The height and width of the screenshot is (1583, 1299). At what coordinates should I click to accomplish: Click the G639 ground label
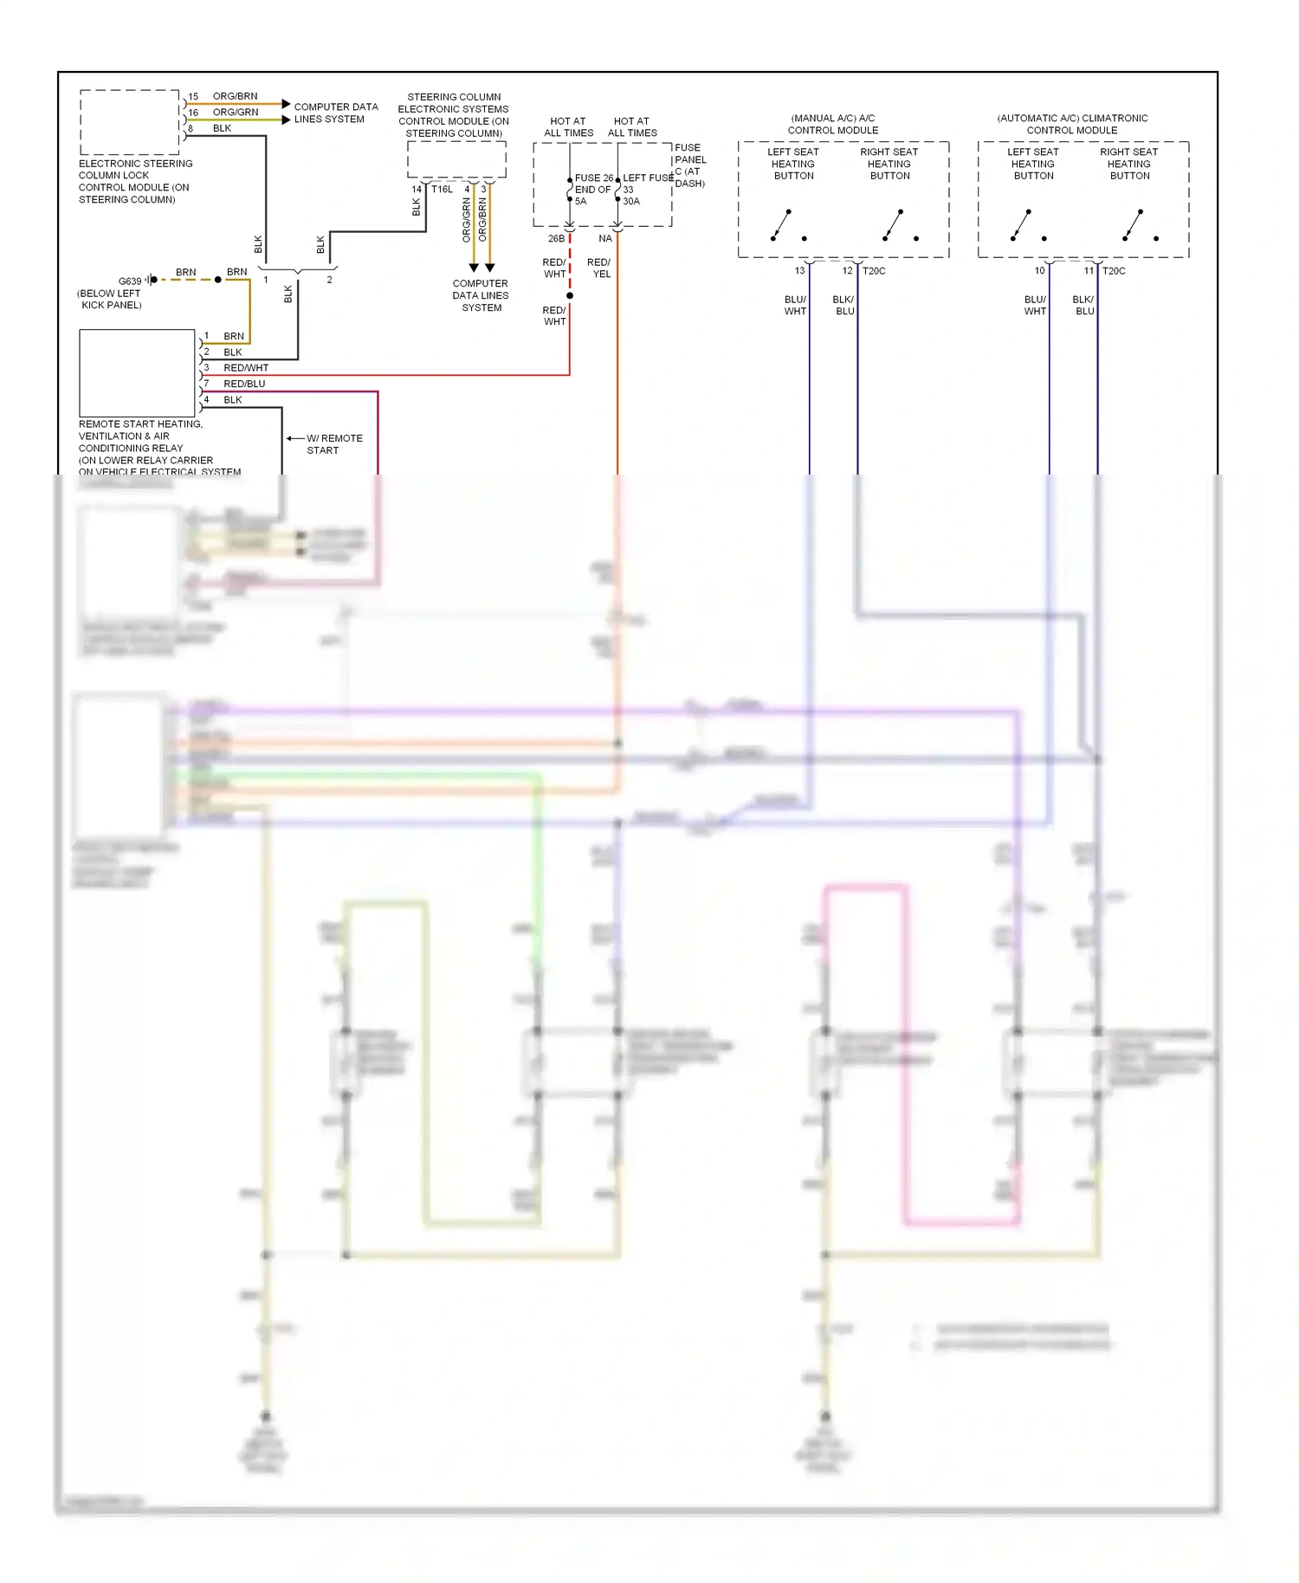tap(130, 281)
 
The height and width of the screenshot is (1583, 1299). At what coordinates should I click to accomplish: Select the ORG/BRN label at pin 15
tap(235, 96)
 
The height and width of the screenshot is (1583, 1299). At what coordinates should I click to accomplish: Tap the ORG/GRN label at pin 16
tap(235, 113)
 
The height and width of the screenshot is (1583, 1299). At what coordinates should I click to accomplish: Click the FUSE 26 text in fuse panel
tap(593, 178)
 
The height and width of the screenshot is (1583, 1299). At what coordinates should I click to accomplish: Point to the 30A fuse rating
tap(631, 202)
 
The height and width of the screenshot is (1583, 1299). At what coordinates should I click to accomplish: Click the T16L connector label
tap(442, 190)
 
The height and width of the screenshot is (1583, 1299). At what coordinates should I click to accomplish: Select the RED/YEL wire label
tap(599, 268)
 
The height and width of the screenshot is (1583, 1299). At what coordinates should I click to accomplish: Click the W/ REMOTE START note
tap(333, 444)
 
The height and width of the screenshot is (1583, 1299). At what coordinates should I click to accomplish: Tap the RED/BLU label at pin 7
tap(244, 384)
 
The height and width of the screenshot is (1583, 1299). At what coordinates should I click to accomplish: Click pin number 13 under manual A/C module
tap(799, 271)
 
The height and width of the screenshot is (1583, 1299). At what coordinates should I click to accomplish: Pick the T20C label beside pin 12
tap(874, 271)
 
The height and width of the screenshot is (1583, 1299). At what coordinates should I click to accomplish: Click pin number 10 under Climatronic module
tap(1039, 271)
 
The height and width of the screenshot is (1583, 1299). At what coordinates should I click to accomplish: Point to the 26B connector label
tap(556, 239)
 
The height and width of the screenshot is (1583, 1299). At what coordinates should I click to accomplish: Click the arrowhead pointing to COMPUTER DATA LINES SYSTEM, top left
tap(287, 104)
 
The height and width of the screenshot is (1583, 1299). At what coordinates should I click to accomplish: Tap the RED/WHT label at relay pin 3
tap(246, 368)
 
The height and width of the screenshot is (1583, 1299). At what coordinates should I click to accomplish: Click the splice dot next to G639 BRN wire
tap(218, 280)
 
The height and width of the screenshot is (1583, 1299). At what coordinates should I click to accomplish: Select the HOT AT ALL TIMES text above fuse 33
tap(632, 127)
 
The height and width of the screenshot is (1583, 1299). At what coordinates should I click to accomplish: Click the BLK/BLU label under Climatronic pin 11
tap(1083, 306)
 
